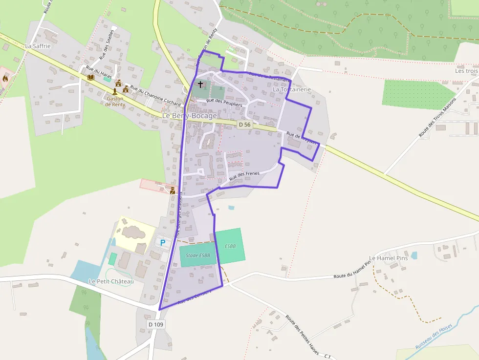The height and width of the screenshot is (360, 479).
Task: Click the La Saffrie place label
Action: (38, 46)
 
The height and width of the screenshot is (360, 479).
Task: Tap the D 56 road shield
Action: (244, 125)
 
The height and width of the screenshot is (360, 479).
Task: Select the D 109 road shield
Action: (156, 324)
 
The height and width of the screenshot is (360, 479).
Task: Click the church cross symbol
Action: (200, 85)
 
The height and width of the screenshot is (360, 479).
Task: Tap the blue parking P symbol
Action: (163, 242)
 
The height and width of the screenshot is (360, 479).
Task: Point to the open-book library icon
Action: (90, 77)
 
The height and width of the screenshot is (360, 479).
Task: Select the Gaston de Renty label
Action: (115, 101)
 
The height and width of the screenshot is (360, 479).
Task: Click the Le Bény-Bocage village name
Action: (189, 116)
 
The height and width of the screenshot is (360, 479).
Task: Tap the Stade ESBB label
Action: (198, 255)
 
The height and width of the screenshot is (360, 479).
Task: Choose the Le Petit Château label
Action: (111, 281)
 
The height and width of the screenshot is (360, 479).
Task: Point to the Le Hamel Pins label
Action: (388, 258)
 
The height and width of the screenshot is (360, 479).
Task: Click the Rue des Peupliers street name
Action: (224, 102)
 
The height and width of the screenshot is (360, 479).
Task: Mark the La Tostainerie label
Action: (292, 89)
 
